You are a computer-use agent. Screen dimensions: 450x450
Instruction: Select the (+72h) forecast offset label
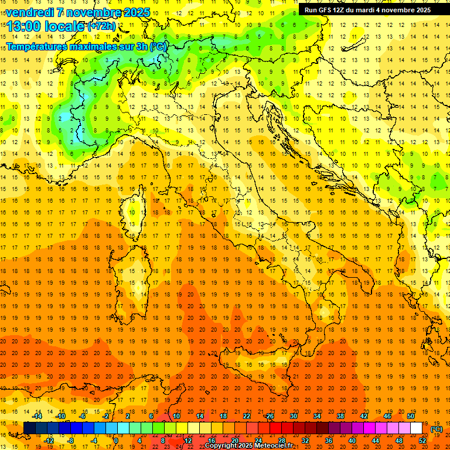tap(101, 26)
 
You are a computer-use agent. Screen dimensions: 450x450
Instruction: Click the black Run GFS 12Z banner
tap(368, 10)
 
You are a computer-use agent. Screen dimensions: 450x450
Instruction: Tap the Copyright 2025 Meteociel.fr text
tap(248, 446)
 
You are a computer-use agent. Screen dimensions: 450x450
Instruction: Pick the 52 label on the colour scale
tap(422, 441)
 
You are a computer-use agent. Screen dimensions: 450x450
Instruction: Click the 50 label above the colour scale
tap(411, 416)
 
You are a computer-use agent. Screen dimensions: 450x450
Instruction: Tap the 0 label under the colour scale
tap(116, 441)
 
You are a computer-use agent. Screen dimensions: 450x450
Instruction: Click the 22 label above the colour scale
tap(247, 416)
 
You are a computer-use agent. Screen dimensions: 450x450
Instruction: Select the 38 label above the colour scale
tap(340, 416)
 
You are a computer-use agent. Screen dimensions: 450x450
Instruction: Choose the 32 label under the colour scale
tap(305, 441)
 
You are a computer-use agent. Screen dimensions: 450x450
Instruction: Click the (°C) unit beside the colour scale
tap(437, 429)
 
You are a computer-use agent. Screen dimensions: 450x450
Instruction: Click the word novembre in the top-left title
tap(93, 12)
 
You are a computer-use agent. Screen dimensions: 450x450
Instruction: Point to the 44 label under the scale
tap(376, 441)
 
